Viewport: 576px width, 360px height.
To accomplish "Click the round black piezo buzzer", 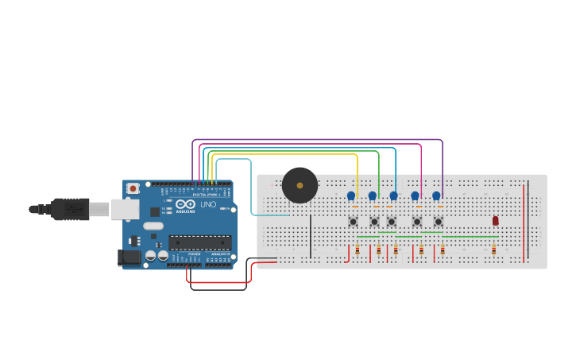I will click(x=300, y=185).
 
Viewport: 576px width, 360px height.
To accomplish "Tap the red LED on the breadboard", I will click(x=495, y=220).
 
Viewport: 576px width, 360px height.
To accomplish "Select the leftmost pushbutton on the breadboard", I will click(x=353, y=222).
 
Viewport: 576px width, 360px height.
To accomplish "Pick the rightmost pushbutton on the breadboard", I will click(x=438, y=222).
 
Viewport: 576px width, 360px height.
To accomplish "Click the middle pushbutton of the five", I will click(x=391, y=222).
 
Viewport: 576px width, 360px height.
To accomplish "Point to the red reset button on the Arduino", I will click(x=133, y=188).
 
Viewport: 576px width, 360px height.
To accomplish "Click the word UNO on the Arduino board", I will click(x=208, y=205).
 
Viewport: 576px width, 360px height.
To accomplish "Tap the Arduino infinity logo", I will click(x=184, y=204).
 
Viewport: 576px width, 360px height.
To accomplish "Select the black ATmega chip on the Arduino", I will click(x=199, y=242).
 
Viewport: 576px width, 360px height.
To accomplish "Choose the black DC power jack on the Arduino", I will click(x=127, y=257).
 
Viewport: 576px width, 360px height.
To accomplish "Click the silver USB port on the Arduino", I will click(x=123, y=208).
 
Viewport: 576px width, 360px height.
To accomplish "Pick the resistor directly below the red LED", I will click(x=493, y=250).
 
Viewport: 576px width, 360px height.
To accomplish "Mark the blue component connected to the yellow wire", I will click(x=351, y=195).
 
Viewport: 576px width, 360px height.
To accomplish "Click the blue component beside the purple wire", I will click(x=436, y=195).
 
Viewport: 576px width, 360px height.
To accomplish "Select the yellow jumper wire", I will click(x=286, y=155).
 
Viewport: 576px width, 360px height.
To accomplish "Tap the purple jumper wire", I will click(x=318, y=140).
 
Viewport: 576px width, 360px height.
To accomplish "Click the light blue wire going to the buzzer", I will click(x=252, y=191).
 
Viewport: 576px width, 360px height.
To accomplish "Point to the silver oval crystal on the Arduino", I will click(x=153, y=226).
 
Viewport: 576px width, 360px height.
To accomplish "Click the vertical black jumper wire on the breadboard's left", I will click(x=311, y=235).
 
